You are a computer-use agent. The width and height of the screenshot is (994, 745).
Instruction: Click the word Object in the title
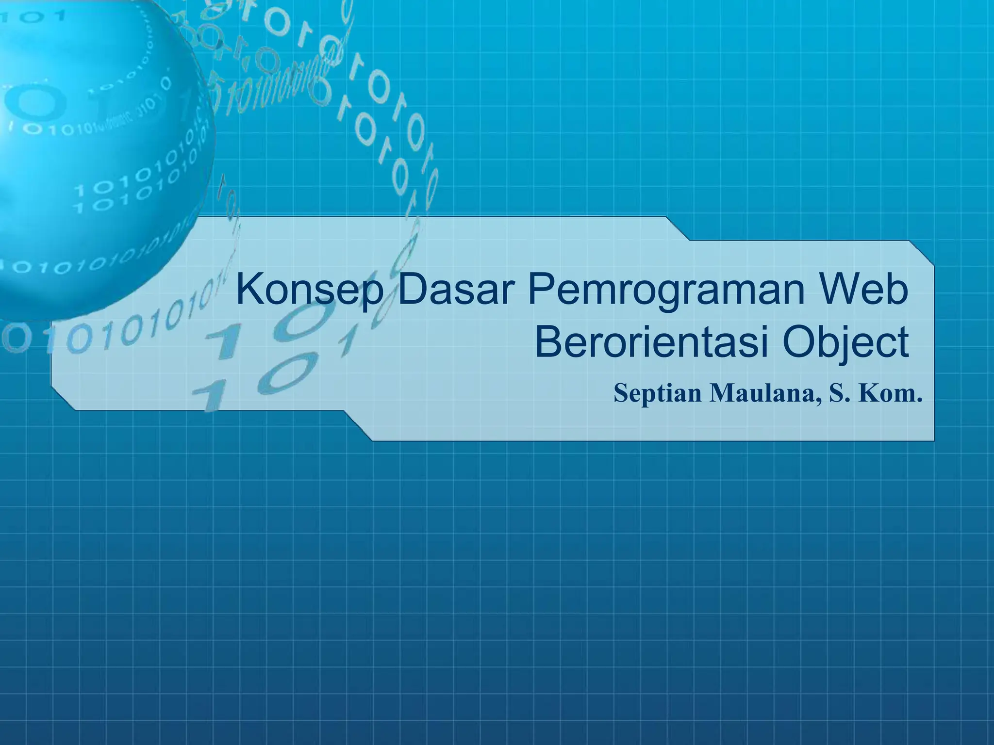845,342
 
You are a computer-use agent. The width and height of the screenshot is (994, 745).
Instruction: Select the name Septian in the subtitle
658,393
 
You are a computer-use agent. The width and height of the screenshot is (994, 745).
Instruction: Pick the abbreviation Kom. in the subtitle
891,393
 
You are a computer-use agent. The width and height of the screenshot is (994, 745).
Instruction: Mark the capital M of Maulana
723,393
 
